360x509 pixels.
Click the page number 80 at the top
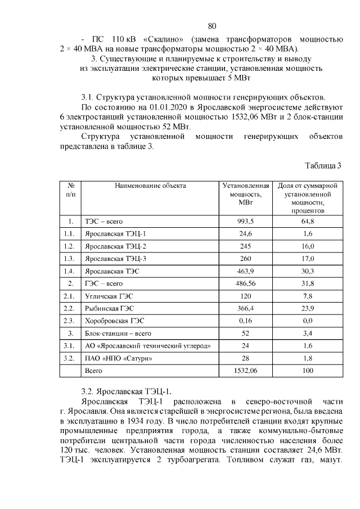(x=212, y=26)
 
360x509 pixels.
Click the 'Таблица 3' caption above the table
(x=323, y=166)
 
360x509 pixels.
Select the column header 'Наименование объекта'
(x=150, y=185)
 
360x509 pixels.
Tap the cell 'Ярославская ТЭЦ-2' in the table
(x=115, y=246)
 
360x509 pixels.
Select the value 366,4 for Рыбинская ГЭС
(x=245, y=308)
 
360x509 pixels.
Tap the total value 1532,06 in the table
(x=245, y=371)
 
